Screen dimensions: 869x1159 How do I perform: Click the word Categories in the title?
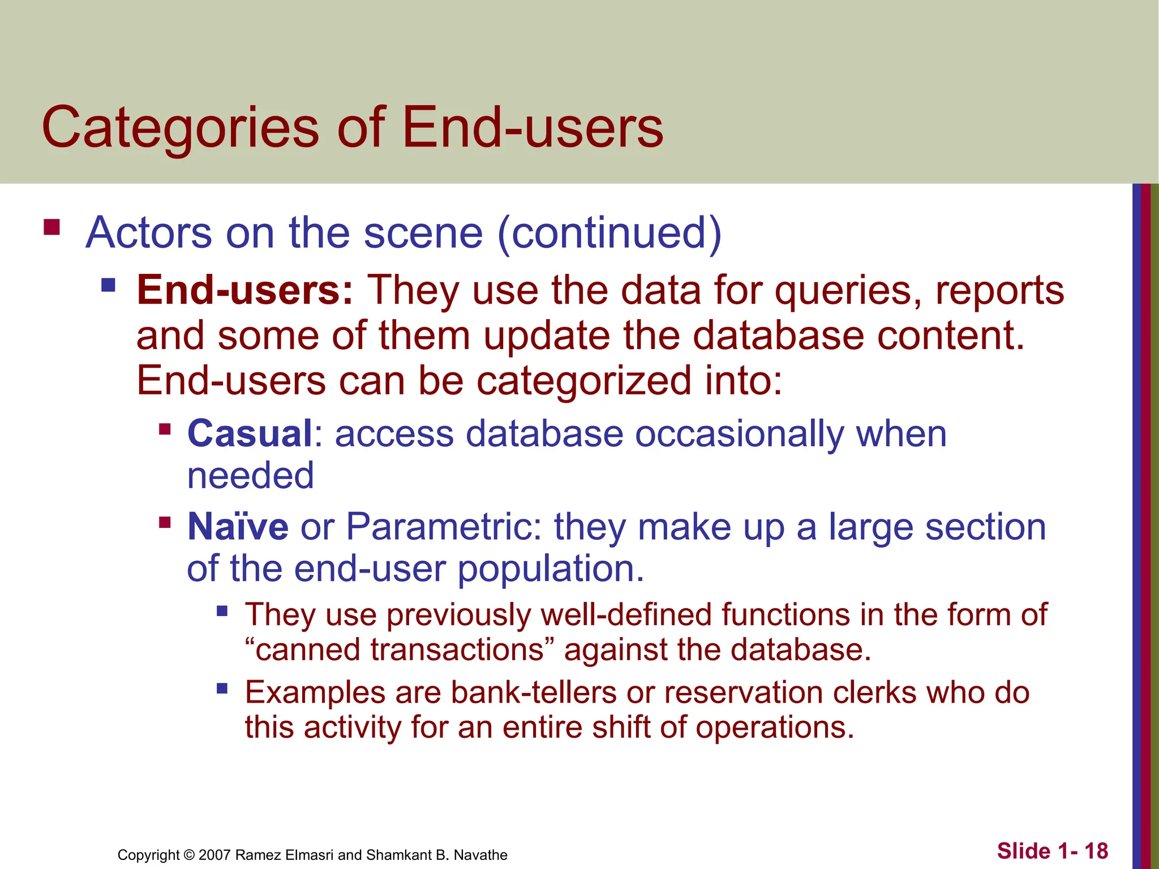pyautogui.click(x=180, y=128)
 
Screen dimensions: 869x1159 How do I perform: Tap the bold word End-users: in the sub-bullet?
pyautogui.click(x=244, y=290)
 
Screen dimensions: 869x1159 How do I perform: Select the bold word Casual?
pyautogui.click(x=250, y=434)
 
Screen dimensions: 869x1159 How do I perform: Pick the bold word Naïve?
pyautogui.click(x=238, y=527)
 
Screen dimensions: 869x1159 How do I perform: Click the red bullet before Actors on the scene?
pyautogui.click(x=51, y=227)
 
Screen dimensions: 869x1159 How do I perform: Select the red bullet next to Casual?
pyautogui.click(x=165, y=429)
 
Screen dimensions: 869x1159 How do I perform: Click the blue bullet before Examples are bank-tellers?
pyautogui.click(x=222, y=689)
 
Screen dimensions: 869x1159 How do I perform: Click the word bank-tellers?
pyautogui.click(x=534, y=692)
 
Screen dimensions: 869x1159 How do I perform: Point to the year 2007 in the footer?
pyautogui.click(x=214, y=855)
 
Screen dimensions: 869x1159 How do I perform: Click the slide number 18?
pyautogui.click(x=1096, y=851)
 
